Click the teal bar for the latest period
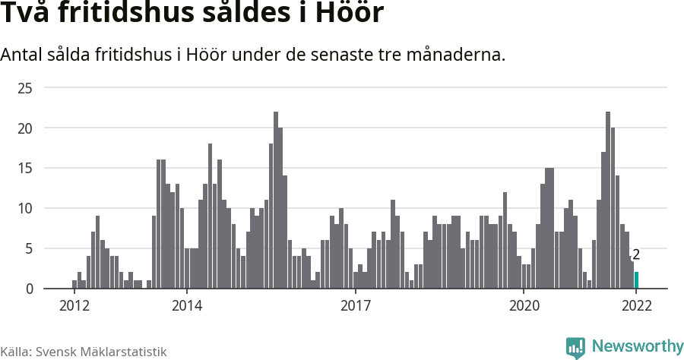click(637, 280)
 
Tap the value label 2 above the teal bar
click(636, 255)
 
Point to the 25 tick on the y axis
click(25, 88)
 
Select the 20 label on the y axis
click(25, 128)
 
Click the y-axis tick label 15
click(25, 169)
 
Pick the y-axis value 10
click(25, 209)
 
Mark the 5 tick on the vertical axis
click(29, 248)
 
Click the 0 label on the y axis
click(29, 289)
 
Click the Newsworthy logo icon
click(575, 347)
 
